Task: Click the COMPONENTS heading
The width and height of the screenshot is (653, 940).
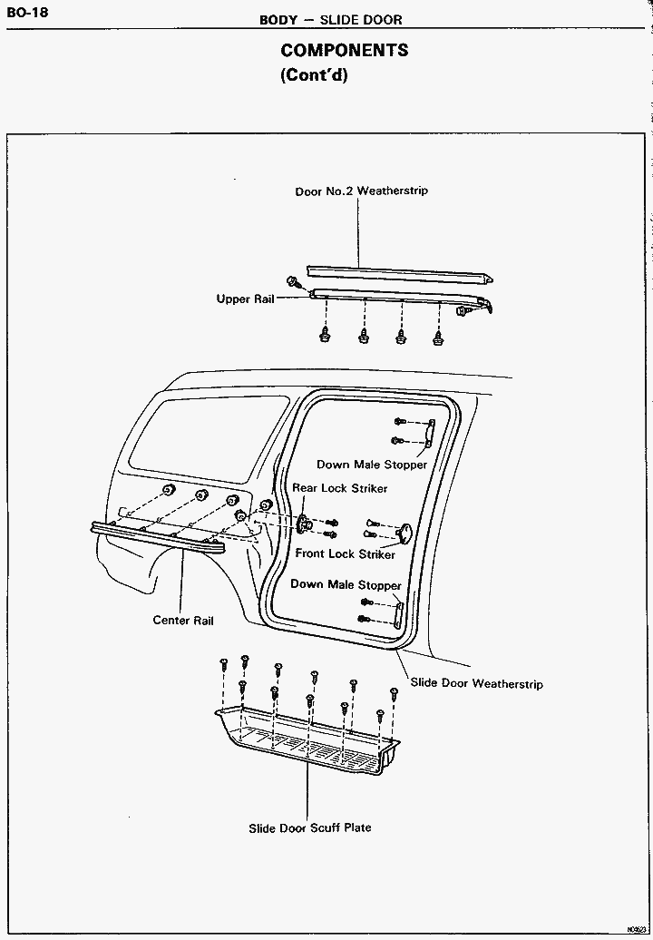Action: click(344, 51)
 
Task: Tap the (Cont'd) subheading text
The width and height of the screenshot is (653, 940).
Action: click(314, 75)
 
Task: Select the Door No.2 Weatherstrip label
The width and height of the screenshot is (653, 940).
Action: click(361, 191)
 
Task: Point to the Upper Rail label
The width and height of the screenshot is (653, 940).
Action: click(245, 299)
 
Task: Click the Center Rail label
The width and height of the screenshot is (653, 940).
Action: click(183, 621)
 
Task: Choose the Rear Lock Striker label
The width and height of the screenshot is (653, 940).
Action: click(339, 488)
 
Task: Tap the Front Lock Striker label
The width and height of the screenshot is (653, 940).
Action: click(345, 553)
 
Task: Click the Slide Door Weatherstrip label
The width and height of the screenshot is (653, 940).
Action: click(476, 683)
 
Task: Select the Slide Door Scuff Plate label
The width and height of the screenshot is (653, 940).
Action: click(310, 827)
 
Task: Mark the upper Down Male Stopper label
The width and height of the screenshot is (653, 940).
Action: click(371, 465)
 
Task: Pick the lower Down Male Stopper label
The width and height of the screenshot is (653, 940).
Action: click(346, 584)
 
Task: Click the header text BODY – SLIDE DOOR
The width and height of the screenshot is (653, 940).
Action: click(330, 19)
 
